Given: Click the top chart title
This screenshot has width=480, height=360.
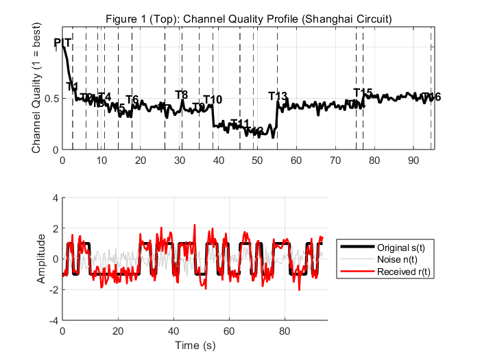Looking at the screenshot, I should click(x=247, y=18).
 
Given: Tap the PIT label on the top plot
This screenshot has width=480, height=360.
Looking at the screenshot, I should click(x=63, y=43).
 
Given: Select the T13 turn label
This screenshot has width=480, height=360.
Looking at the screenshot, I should click(x=278, y=96).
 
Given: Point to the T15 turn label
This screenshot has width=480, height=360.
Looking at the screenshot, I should click(x=363, y=93).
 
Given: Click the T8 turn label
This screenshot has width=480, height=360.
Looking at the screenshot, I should click(x=182, y=95).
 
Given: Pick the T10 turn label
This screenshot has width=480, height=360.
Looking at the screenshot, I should click(x=213, y=100).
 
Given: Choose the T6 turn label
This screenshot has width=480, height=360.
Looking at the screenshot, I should click(x=132, y=99).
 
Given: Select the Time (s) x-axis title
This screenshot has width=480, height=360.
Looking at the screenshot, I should click(x=195, y=345).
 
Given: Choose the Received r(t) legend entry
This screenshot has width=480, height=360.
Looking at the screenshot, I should click(x=402, y=272).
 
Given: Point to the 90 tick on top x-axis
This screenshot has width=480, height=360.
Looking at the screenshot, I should click(x=413, y=160).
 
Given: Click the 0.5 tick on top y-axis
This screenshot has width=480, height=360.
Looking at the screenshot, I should click(x=51, y=98).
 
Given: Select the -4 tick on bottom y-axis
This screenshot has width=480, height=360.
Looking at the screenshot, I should click(x=53, y=320).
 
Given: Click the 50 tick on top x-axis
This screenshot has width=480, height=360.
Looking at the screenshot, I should click(x=257, y=160).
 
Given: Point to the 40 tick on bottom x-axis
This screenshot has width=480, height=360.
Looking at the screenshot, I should click(x=173, y=331).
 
